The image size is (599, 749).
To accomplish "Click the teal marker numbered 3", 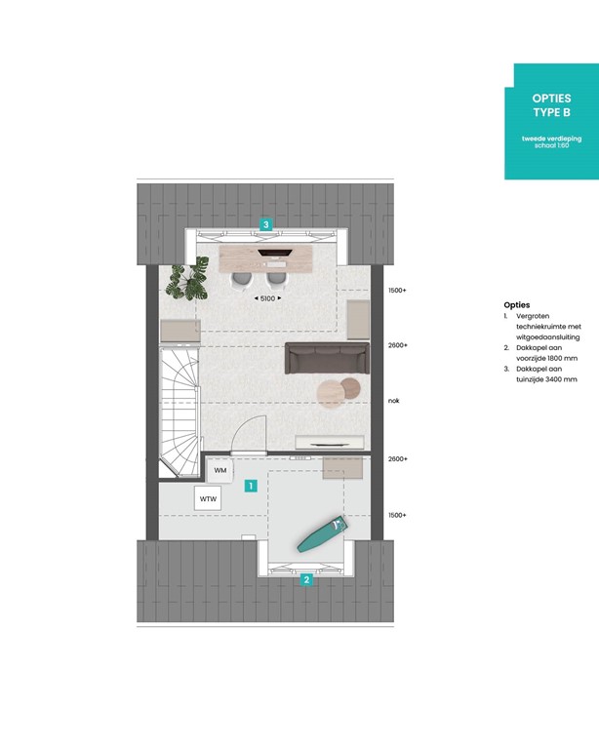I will (265, 224).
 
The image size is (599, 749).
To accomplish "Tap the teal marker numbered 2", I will (306, 579).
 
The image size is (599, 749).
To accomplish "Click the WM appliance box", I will (220, 471).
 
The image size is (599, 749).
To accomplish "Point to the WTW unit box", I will (208, 499).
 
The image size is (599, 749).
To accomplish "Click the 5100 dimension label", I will (266, 298).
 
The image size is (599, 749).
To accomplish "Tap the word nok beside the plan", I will (394, 400).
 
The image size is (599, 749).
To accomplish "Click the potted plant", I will (181, 282).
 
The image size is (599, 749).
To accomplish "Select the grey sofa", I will (326, 359).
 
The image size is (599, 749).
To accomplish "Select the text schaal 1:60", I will (551, 146).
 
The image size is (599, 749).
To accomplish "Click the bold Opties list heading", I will (517, 305).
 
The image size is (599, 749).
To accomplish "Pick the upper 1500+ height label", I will (397, 291).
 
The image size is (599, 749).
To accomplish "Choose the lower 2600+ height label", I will (397, 458).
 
